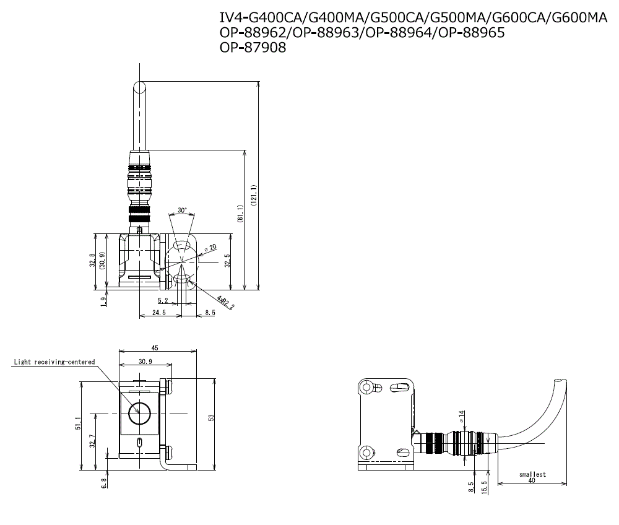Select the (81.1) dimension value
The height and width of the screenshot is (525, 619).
240,215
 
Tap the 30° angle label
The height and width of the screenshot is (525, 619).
181,210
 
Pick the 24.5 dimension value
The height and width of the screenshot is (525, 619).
159,313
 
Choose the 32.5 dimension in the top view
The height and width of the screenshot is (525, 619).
227,260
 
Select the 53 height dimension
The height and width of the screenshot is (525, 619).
210,419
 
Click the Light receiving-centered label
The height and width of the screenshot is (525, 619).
54,362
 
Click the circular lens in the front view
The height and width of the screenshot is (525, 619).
137,411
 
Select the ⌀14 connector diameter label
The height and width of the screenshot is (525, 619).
461,416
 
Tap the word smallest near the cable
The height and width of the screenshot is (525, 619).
532,474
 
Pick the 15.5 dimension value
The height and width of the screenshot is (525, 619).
485,486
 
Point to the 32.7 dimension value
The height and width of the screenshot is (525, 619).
93,442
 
